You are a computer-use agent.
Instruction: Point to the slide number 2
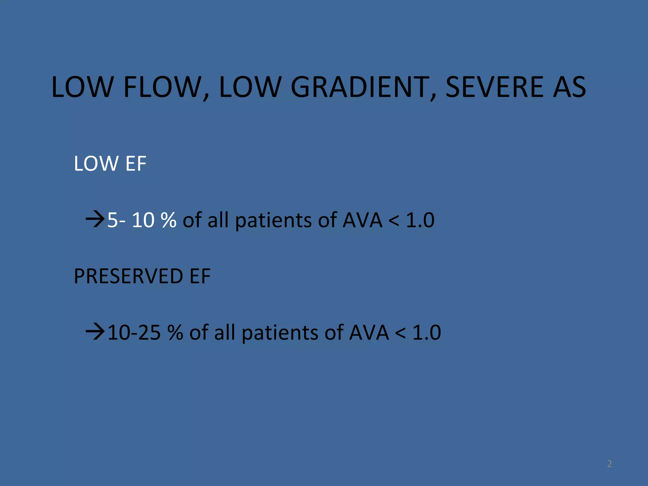[x=609, y=464]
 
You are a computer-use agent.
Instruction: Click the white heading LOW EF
[x=110, y=164]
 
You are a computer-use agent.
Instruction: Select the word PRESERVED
[x=128, y=276]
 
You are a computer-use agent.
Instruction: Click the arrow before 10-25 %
[x=95, y=332]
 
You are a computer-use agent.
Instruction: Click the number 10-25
[x=134, y=333]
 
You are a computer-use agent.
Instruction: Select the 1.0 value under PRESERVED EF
[x=427, y=333]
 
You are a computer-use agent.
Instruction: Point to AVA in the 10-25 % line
[x=369, y=333]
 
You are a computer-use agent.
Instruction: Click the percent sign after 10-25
[x=175, y=333]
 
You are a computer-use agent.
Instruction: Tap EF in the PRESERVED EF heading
[x=200, y=276]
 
